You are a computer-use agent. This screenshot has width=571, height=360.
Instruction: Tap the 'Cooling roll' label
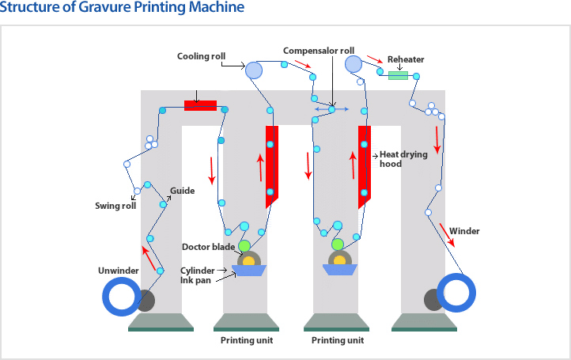(x=201, y=56)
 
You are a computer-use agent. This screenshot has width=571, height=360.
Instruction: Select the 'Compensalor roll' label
(x=319, y=51)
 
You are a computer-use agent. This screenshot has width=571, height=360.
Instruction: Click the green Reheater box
(x=398, y=76)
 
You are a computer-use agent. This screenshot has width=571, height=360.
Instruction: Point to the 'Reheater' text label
(x=406, y=59)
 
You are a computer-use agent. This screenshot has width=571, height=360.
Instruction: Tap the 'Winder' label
(x=464, y=231)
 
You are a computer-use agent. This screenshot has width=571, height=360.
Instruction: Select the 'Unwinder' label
(x=119, y=271)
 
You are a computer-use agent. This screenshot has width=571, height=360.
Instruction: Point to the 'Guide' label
(x=182, y=191)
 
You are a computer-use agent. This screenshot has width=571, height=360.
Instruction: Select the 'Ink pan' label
(x=195, y=280)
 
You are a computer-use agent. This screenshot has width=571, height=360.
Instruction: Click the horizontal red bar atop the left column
(x=200, y=105)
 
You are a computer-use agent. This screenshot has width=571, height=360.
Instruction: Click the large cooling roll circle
(x=253, y=70)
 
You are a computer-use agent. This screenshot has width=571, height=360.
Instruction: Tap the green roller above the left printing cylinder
(x=244, y=245)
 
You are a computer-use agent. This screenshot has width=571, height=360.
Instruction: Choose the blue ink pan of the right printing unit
(x=339, y=270)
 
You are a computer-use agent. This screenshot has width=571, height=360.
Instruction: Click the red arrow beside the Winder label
(x=447, y=233)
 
